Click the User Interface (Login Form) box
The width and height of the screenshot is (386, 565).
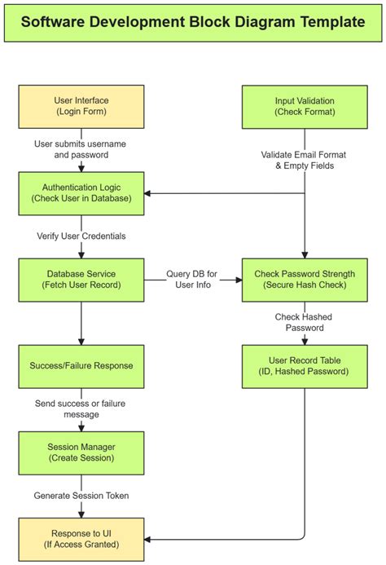pyautogui.click(x=81, y=106)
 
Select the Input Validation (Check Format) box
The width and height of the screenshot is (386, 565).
pyautogui.click(x=305, y=106)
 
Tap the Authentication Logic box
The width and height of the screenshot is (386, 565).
pyautogui.click(x=81, y=193)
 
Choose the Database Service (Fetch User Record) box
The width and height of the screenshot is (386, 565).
pyautogui.click(x=81, y=280)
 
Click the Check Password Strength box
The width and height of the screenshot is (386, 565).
pyautogui.click(x=305, y=280)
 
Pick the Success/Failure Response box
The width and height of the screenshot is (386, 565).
pyautogui.click(x=81, y=366)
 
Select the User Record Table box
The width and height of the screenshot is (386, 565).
pyautogui.click(x=305, y=366)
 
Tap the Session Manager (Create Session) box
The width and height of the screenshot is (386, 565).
pyautogui.click(x=81, y=452)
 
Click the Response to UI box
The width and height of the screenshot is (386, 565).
pyautogui.click(x=81, y=539)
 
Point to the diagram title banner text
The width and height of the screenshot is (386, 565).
pyautogui.click(x=193, y=22)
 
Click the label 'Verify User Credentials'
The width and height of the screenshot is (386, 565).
pyautogui.click(x=81, y=236)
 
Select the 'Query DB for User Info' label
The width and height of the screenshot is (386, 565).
pyautogui.click(x=193, y=280)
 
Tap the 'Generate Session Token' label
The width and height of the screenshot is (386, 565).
pyautogui.click(x=81, y=496)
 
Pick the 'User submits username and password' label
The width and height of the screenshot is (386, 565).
pyautogui.click(x=81, y=149)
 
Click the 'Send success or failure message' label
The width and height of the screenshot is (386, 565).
pyautogui.click(x=81, y=409)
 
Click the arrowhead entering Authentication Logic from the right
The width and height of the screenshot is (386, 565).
pyautogui.click(x=148, y=193)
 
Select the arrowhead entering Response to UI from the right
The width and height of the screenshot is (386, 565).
pyautogui.click(x=148, y=539)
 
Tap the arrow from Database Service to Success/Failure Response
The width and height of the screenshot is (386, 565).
pyautogui.click(x=81, y=323)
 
